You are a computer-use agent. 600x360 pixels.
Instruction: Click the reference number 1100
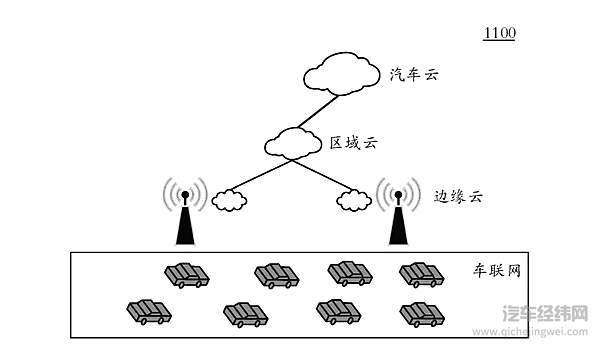499,34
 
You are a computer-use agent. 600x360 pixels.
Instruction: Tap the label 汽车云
415,74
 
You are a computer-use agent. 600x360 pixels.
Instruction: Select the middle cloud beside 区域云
293,143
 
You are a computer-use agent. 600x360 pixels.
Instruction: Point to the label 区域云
354,143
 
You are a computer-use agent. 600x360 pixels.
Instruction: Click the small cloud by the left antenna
229,200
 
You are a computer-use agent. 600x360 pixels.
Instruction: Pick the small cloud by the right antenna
353,200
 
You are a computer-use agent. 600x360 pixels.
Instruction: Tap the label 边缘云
458,196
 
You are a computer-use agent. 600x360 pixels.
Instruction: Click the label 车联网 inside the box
497,272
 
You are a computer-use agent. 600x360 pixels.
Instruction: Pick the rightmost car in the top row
421,273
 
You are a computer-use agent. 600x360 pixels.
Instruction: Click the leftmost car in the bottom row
149,312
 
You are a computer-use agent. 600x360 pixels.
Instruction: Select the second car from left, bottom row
245,315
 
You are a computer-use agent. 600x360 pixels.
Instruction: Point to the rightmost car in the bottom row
421,313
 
